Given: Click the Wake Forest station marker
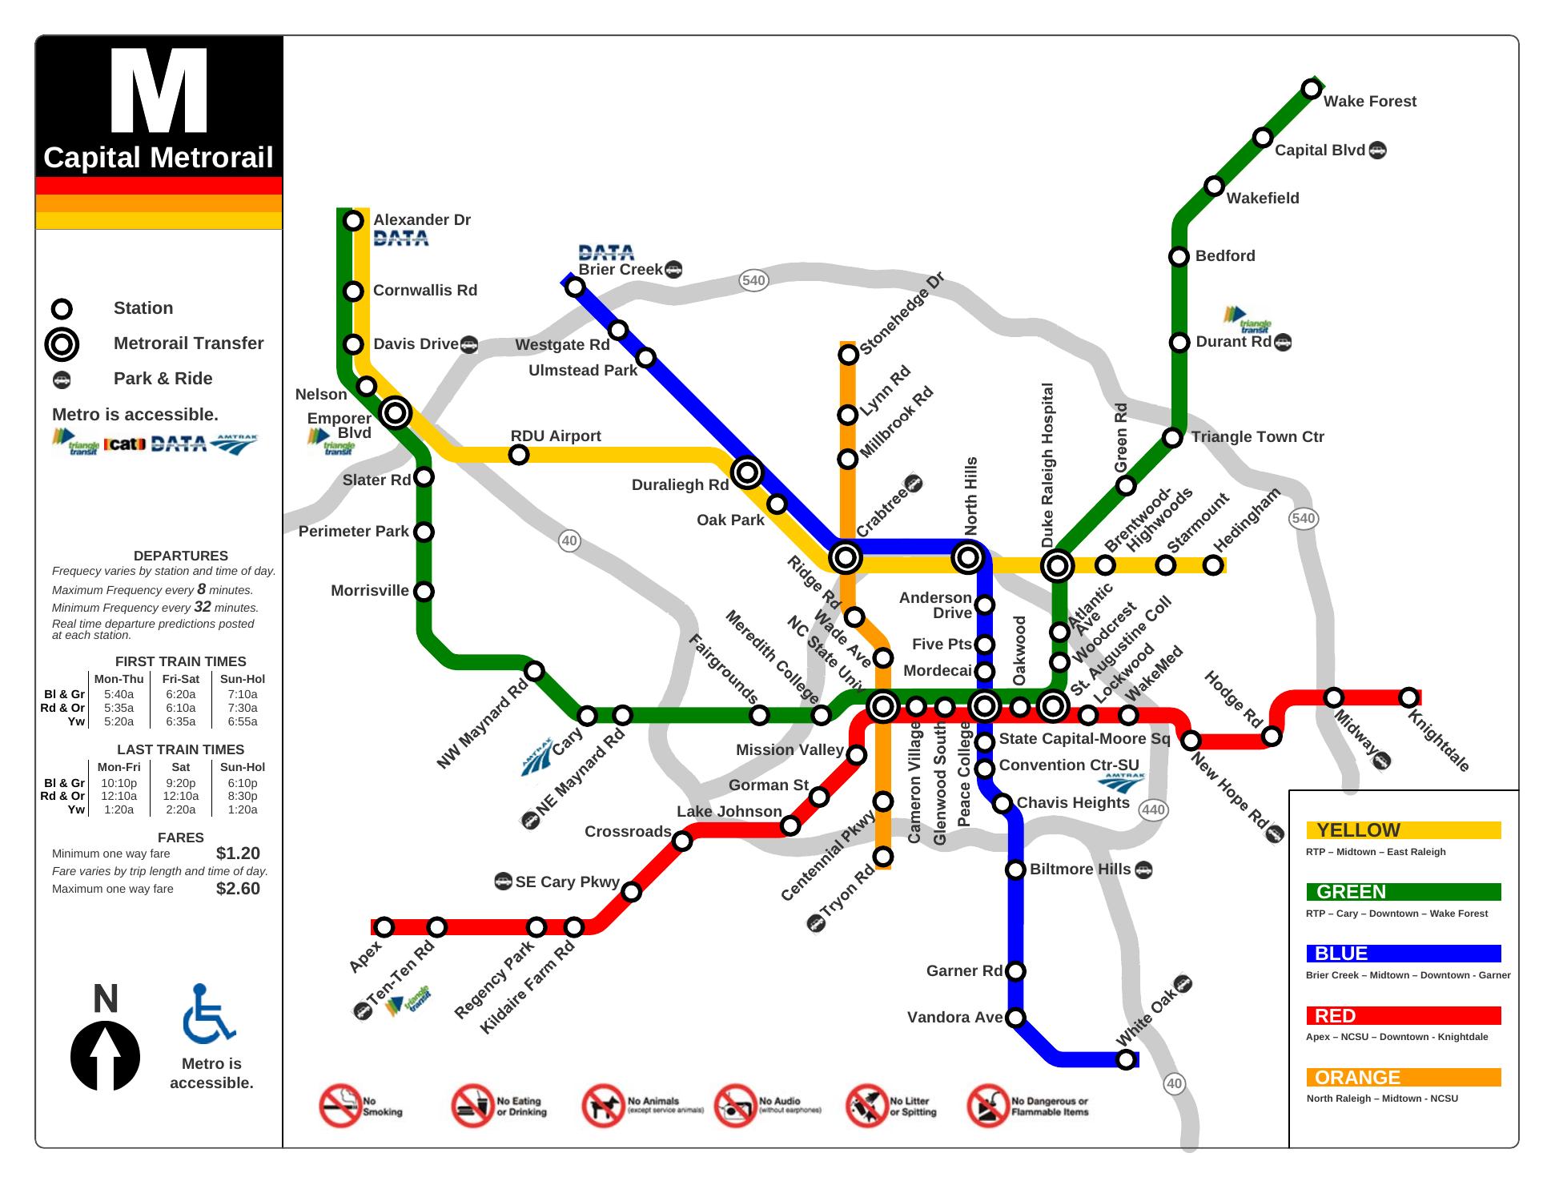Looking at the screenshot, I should click(1311, 89).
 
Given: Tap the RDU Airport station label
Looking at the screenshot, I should click(556, 436).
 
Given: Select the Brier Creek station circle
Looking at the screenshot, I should click(575, 287).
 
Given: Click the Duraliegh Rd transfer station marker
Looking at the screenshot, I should click(747, 472).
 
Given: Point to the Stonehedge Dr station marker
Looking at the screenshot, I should click(848, 354).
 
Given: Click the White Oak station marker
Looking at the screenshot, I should click(1126, 1059).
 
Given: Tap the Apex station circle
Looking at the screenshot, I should click(384, 927).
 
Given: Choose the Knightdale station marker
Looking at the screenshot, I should click(1408, 697).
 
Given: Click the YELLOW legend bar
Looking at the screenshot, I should click(1403, 830).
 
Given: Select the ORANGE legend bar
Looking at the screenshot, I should click(1403, 1078).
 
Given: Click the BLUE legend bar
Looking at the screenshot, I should click(1403, 954).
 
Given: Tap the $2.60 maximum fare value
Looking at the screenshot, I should click(238, 889).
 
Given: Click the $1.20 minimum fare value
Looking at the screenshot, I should click(238, 854).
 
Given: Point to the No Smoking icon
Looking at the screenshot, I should click(340, 1106).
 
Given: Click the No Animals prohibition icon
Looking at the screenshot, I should click(603, 1106).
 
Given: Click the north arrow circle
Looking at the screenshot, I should click(105, 1056).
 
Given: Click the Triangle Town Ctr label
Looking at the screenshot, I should click(1257, 437).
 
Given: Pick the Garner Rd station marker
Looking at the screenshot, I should click(1015, 971).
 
